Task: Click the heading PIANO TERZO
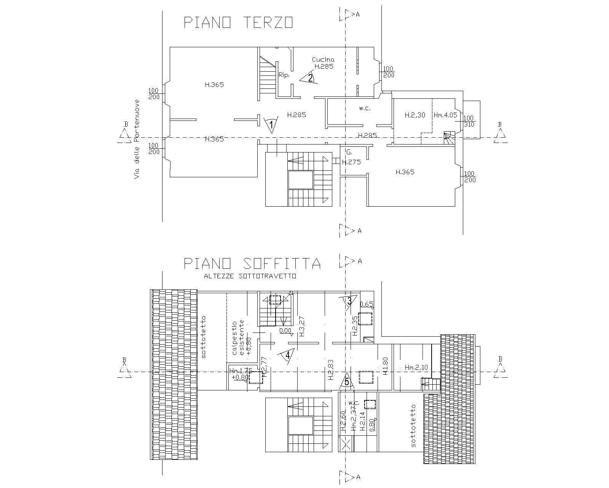(x=238, y=22)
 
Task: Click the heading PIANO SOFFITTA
(x=252, y=263)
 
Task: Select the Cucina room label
(x=323, y=59)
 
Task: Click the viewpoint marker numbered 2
(x=309, y=78)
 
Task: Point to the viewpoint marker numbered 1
(x=271, y=124)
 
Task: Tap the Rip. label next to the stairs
(x=284, y=75)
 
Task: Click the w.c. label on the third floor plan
(x=364, y=108)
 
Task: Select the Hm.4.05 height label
(x=445, y=115)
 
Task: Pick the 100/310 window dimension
(x=469, y=121)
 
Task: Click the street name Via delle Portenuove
(x=137, y=139)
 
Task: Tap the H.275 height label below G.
(x=351, y=162)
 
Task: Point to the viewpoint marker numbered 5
(x=346, y=381)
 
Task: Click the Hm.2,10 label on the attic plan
(x=416, y=368)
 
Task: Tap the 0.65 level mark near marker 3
(x=367, y=304)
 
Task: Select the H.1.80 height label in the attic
(x=385, y=366)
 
